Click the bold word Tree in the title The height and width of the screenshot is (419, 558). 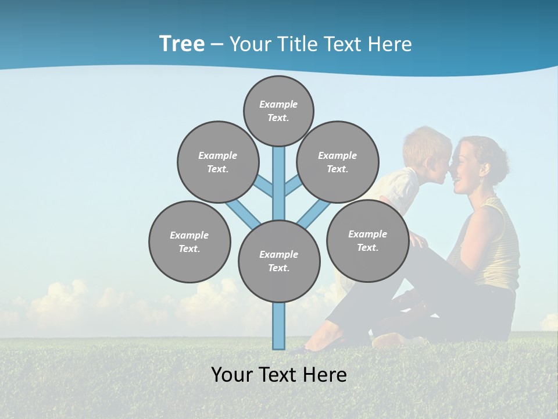[182, 44]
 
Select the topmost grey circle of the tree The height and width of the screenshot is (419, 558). [278, 111]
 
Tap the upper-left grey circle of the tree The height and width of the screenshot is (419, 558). [217, 162]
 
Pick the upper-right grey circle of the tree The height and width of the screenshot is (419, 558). [338, 162]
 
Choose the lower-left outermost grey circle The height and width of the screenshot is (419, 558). [189, 242]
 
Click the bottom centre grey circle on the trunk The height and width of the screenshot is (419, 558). [279, 261]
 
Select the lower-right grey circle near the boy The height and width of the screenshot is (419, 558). [367, 240]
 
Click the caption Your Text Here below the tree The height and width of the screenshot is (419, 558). [279, 375]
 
